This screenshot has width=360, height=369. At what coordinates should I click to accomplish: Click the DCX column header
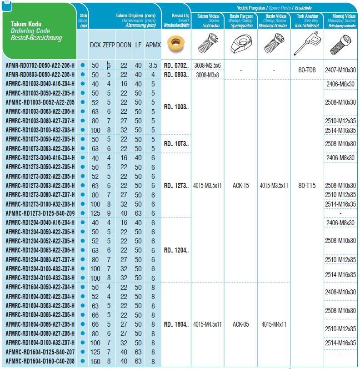pos(95,45)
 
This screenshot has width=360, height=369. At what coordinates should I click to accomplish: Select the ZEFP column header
pos(109,45)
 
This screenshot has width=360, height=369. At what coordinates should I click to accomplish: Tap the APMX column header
pos(153,45)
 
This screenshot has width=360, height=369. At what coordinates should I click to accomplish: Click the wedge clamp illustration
pos(240,44)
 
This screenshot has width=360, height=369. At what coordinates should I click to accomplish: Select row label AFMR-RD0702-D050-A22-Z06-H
pos(40,66)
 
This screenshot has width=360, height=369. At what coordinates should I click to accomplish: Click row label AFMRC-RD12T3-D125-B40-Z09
pos(40,213)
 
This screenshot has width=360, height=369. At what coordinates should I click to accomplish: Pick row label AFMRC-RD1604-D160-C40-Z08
pos(40,361)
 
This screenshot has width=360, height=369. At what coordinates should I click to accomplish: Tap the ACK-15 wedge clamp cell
pos(240,186)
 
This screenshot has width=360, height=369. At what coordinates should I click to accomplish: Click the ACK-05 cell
pos(240,324)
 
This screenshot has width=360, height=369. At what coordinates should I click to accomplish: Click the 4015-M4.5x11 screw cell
pos(207,324)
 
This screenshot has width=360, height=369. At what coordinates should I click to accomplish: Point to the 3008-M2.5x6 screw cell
pos(207,66)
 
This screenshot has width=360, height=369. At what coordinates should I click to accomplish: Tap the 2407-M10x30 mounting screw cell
pos(340,70)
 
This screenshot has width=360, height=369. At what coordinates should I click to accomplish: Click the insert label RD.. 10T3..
pos(176,144)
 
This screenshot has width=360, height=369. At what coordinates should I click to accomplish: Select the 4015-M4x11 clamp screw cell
pos(274,324)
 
